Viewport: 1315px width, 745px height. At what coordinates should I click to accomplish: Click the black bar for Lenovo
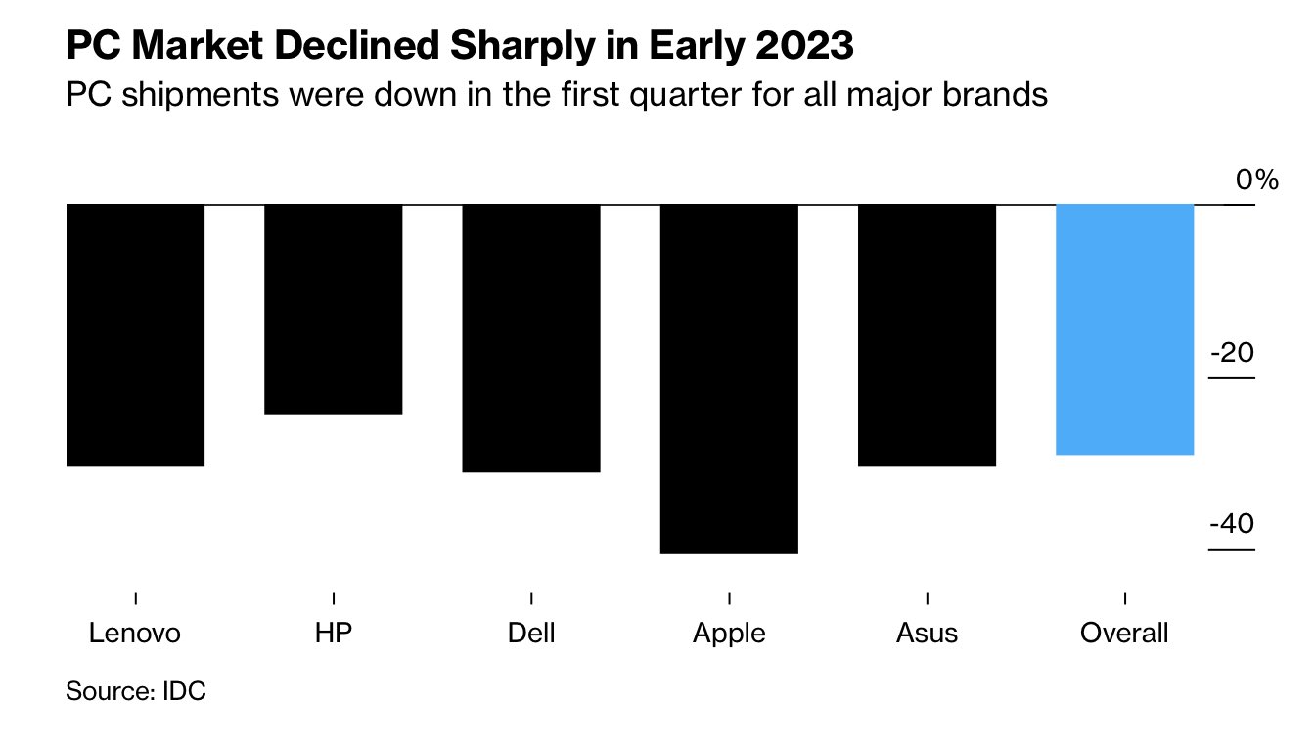pyautogui.click(x=135, y=334)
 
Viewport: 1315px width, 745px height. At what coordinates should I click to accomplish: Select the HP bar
pyautogui.click(x=334, y=309)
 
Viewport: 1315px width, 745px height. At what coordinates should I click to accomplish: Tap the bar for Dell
pyautogui.click(x=531, y=337)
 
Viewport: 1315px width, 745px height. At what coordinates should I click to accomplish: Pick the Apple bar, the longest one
pyautogui.click(x=729, y=378)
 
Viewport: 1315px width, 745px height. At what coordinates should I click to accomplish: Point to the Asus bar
pyautogui.click(x=927, y=334)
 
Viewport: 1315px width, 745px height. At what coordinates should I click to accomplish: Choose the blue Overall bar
pyautogui.click(x=1125, y=329)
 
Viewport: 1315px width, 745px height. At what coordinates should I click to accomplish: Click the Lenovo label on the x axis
pyautogui.click(x=135, y=633)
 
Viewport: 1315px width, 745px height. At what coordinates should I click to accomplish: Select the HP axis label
pyautogui.click(x=334, y=633)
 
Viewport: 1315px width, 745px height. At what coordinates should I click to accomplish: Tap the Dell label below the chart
pyautogui.click(x=531, y=633)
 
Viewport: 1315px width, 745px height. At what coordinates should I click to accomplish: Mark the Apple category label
pyautogui.click(x=729, y=634)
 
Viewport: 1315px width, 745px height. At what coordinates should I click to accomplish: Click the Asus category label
pyautogui.click(x=927, y=633)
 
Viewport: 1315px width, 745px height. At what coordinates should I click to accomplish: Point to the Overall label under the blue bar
pyautogui.click(x=1124, y=633)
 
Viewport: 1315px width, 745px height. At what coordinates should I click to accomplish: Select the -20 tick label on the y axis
pyautogui.click(x=1232, y=352)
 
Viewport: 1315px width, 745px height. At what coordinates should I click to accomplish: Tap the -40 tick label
pyautogui.click(x=1232, y=524)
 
